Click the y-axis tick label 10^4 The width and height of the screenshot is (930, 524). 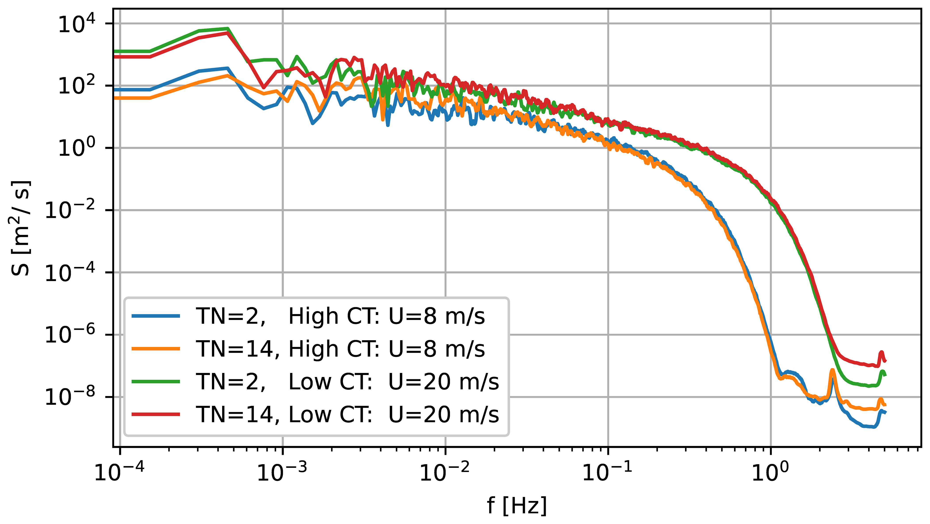[x=77, y=25]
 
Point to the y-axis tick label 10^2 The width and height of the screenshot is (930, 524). [x=77, y=87]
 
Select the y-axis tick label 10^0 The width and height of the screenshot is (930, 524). [x=77, y=149]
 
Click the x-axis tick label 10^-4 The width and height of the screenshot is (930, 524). [x=119, y=471]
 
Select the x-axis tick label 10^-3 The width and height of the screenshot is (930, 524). [x=282, y=471]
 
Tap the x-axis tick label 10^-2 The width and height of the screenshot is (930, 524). [x=445, y=471]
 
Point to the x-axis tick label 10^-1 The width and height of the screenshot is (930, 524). [x=608, y=471]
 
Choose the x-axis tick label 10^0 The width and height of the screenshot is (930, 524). [x=771, y=471]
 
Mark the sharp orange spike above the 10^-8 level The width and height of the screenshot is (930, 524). [x=832, y=372]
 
